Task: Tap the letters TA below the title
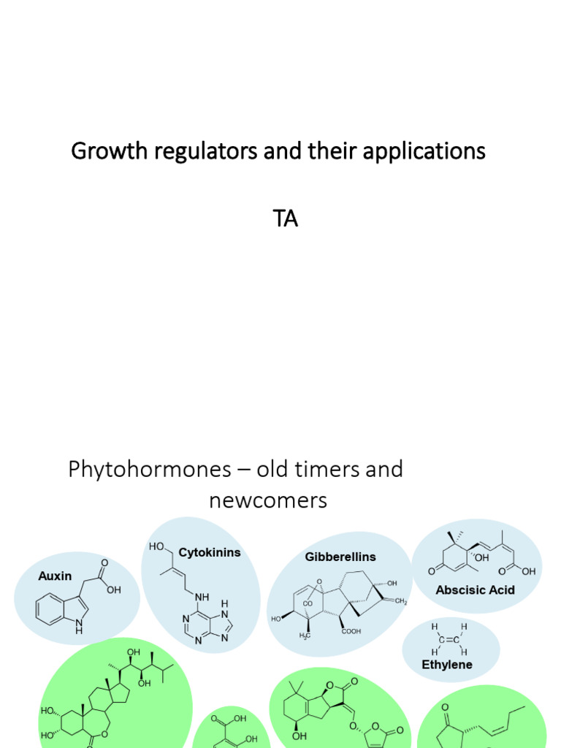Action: (285, 219)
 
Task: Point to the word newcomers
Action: (267, 501)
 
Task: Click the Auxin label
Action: (55, 576)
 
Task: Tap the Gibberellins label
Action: (340, 557)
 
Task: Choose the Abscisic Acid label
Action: (476, 589)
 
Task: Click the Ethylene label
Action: (447, 665)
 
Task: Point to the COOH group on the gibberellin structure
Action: (352, 632)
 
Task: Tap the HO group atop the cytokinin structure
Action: (157, 546)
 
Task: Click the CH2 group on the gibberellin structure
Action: (401, 601)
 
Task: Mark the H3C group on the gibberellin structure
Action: (303, 636)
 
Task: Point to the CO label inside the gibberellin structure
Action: (308, 604)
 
